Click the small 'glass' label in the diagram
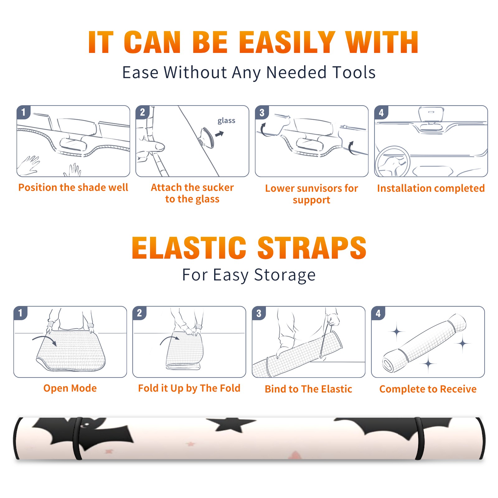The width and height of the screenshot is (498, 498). coord(226,121)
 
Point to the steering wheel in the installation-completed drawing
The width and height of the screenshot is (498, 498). coord(392,161)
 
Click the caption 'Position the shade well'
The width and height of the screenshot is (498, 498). coord(73,187)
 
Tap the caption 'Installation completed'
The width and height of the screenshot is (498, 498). coord(431,188)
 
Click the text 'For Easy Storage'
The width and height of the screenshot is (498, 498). coord(249,275)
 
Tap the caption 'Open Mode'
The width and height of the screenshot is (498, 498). coord(70,388)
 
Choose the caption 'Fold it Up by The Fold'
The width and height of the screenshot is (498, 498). coord(189,388)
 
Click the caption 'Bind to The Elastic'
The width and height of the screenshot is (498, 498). coord(308,389)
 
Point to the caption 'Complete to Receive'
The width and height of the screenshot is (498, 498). coord(428,389)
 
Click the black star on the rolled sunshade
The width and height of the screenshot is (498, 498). coord(231,425)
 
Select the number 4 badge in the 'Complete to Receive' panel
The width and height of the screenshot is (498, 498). coord(378,313)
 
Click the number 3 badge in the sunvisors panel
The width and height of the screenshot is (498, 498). coord(262,113)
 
